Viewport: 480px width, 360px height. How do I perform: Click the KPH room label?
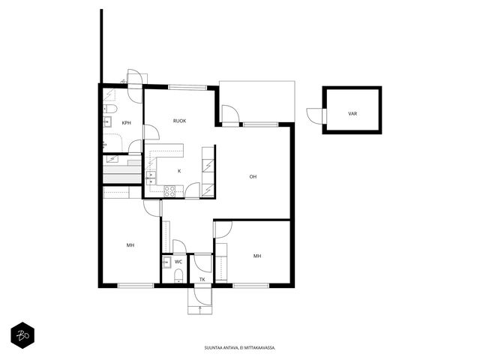[x=127, y=123]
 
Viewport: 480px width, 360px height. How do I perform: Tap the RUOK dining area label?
[x=180, y=121]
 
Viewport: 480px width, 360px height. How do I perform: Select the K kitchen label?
[x=179, y=171]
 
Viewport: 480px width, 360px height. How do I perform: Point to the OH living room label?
[x=253, y=177]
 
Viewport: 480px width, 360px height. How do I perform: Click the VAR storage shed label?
[x=352, y=113]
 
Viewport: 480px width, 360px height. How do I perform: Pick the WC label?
[x=178, y=262]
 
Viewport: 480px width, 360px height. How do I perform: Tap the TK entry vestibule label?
[x=202, y=280]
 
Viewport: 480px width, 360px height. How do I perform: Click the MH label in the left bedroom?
[x=130, y=245]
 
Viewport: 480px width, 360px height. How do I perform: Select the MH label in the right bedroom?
[x=257, y=256]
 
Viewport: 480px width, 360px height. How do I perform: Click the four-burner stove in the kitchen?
[x=169, y=191]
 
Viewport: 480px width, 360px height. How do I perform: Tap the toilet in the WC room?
[x=178, y=275]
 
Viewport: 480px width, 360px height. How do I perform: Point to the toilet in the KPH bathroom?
[x=110, y=109]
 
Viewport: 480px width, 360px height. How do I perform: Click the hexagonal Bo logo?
[x=22, y=335]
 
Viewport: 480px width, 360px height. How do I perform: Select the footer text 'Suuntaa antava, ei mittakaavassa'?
[x=240, y=348]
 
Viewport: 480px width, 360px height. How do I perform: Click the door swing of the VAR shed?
[x=314, y=116]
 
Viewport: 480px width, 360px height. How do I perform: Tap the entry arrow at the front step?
[x=200, y=310]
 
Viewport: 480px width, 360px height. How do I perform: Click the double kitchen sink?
[x=151, y=178]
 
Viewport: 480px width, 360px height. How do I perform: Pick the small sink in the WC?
[x=166, y=262]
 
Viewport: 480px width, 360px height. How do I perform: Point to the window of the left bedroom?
[x=136, y=286]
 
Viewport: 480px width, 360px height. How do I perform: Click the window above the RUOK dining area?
[x=187, y=87]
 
